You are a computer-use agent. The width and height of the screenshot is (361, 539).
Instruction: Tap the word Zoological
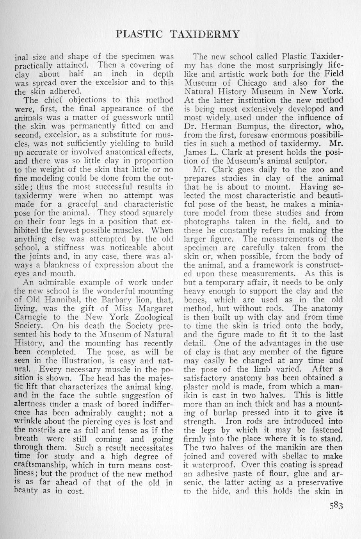[151, 317]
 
